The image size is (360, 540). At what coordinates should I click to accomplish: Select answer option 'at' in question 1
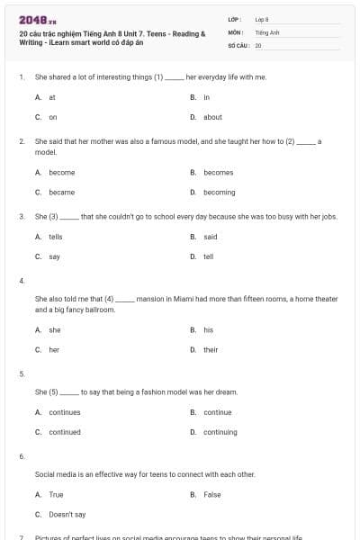(x=52, y=97)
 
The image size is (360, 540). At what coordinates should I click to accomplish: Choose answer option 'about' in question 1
(x=212, y=117)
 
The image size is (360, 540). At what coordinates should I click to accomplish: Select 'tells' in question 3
(x=56, y=237)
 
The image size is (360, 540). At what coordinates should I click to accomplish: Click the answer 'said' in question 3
(x=211, y=237)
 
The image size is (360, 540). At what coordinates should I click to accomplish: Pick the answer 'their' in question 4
(x=211, y=349)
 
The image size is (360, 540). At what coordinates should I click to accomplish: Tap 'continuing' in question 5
(x=220, y=432)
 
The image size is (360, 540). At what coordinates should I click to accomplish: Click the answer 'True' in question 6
(x=56, y=494)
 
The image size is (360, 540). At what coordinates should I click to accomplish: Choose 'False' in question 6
(x=212, y=494)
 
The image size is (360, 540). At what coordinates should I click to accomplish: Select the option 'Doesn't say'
(x=67, y=514)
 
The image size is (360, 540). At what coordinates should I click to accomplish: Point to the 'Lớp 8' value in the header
(x=262, y=19)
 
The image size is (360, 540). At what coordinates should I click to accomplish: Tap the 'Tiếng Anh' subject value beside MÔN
(x=267, y=31)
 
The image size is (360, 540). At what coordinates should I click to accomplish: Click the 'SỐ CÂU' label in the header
(x=238, y=44)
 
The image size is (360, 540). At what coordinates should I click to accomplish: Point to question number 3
(x=21, y=217)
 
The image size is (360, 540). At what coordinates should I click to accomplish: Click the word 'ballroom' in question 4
(x=101, y=310)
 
